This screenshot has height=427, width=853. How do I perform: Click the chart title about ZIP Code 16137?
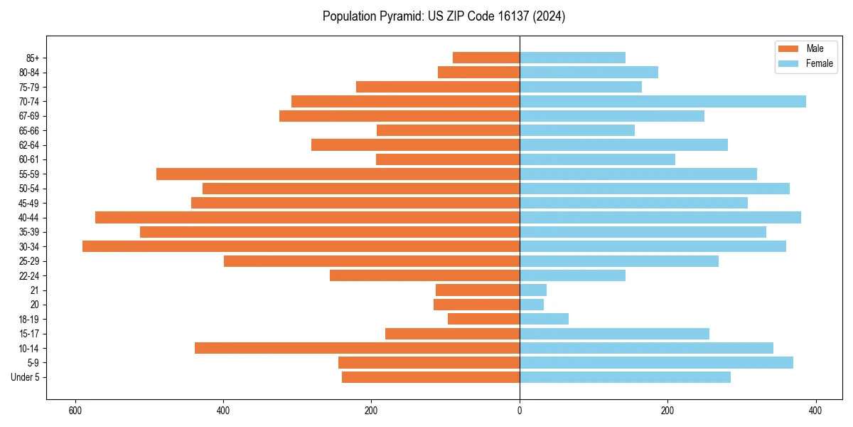[x=444, y=16]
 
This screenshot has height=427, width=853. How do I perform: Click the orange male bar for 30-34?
[x=301, y=246]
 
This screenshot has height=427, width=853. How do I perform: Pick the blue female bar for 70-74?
[x=662, y=101]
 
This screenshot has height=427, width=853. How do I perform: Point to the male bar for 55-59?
[x=338, y=174]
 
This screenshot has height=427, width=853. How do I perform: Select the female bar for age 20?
[x=532, y=305]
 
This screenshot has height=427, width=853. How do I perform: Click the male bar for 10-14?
[x=357, y=348]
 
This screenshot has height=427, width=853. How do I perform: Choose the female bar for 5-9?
[x=656, y=362]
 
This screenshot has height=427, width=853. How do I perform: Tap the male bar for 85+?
[x=486, y=58]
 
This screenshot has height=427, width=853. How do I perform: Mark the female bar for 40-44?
[x=660, y=217]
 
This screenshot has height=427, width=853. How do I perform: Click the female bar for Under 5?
[x=625, y=377]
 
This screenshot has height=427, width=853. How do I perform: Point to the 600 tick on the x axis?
[x=75, y=411]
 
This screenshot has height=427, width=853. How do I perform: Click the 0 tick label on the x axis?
[x=520, y=411]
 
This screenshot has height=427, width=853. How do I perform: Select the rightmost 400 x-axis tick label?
[x=815, y=411]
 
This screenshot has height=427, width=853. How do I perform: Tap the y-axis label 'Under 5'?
[x=25, y=377]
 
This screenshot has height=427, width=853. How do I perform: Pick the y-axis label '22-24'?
[x=29, y=275]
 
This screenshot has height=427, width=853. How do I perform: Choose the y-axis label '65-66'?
[x=29, y=130]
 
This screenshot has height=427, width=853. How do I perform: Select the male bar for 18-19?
[x=483, y=319]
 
